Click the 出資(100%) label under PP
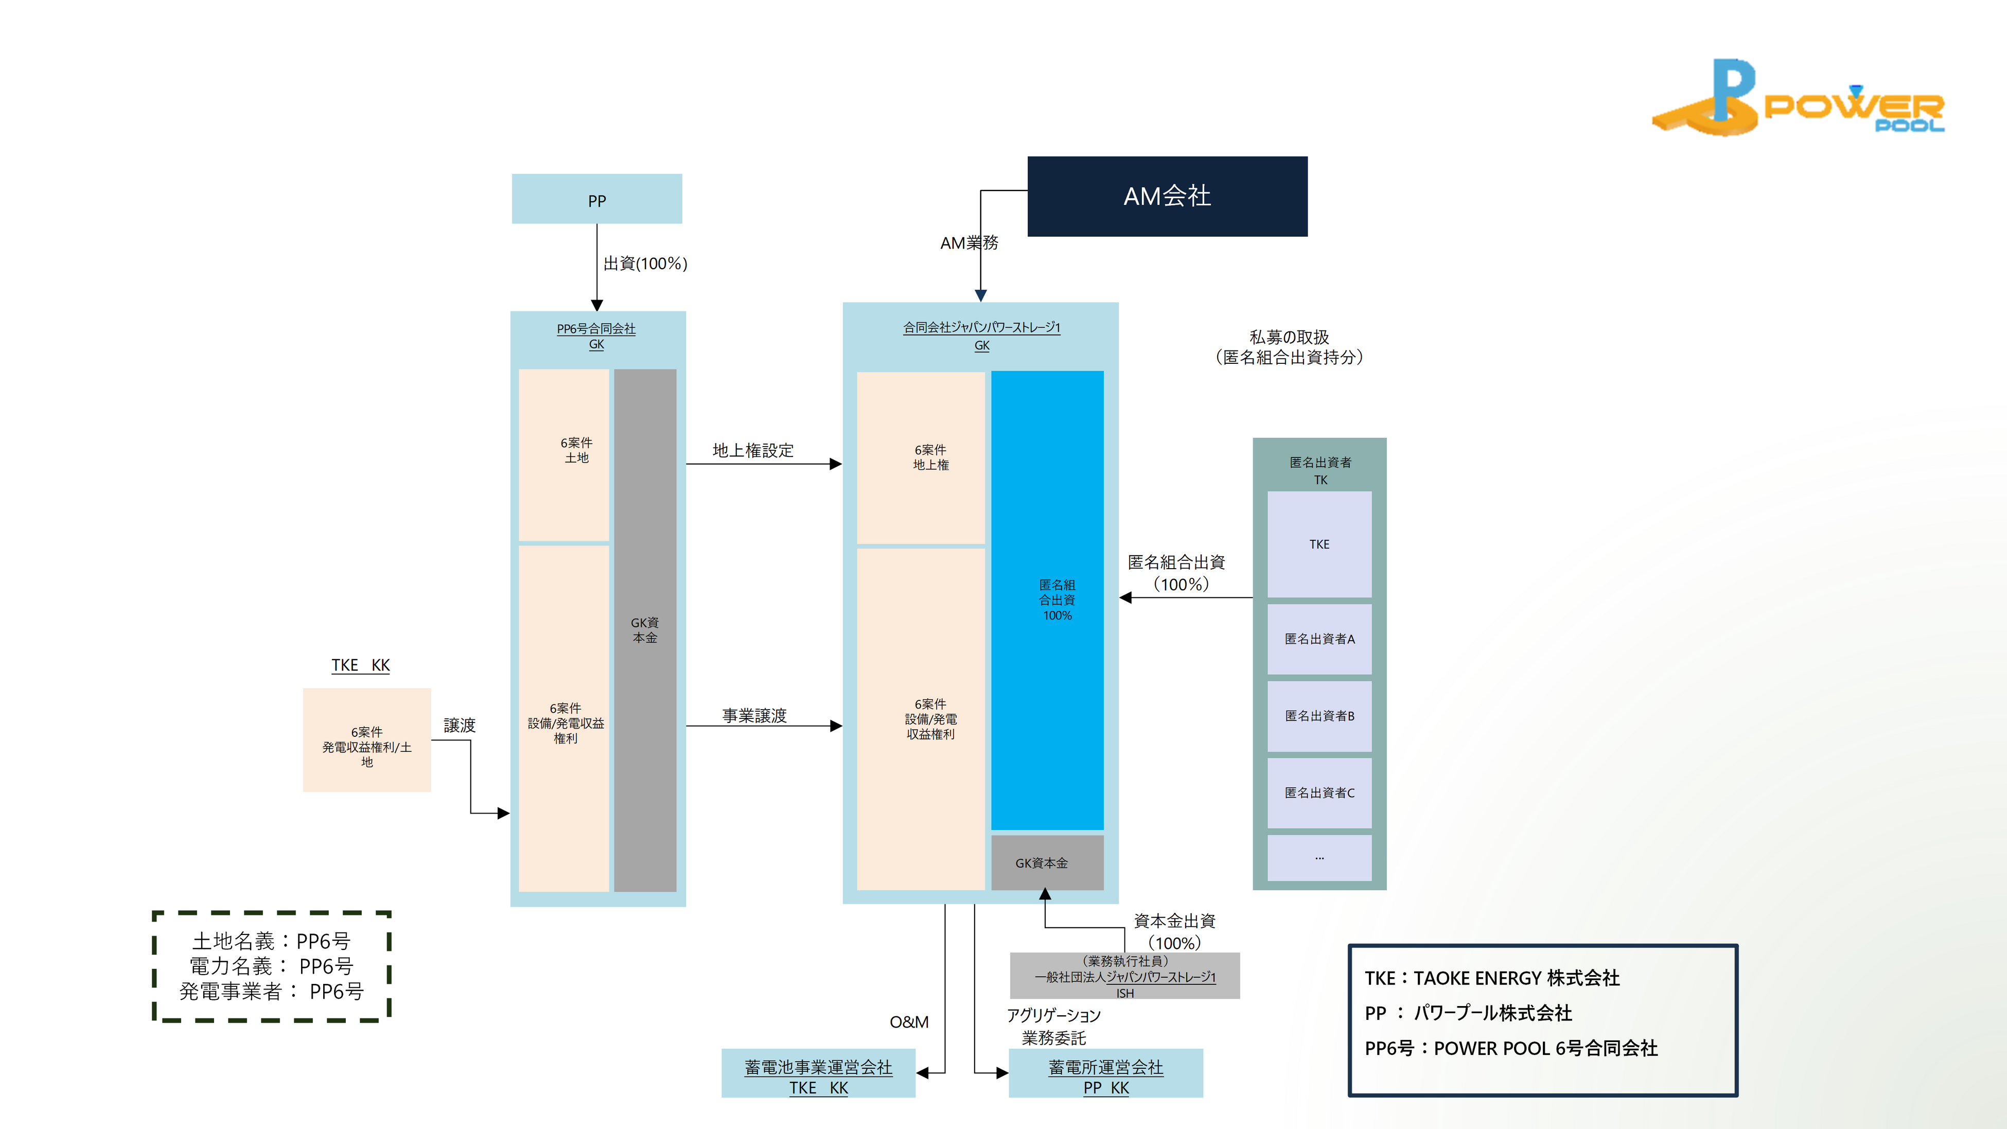click(x=645, y=264)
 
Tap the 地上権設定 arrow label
click(x=752, y=450)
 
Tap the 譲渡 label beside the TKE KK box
click(x=459, y=726)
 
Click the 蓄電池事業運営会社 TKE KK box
click(x=818, y=1073)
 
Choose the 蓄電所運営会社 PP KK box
click(x=1105, y=1073)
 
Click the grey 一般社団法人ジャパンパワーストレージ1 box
click(x=1124, y=976)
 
